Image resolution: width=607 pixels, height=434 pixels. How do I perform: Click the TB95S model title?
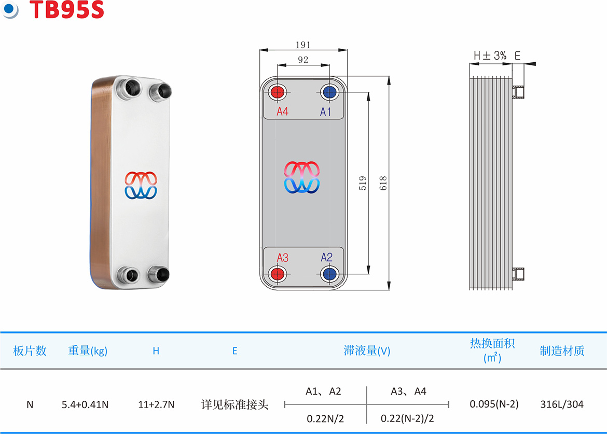(66, 10)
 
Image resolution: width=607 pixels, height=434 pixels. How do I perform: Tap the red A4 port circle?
(278, 93)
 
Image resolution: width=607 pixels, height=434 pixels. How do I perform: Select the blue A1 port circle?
(329, 93)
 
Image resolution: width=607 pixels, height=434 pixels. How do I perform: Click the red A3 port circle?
(278, 273)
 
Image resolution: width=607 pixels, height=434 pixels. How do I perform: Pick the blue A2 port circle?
(329, 273)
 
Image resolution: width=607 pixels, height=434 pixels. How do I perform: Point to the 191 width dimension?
(303, 46)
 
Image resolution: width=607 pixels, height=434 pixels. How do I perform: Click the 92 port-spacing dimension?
(303, 60)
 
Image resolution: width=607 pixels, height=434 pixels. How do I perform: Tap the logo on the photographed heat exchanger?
(141, 185)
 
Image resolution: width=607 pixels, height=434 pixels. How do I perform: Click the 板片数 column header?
(30, 351)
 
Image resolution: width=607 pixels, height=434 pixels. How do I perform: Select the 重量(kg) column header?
(88, 351)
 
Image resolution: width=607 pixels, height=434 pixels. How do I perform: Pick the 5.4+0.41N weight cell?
(85, 404)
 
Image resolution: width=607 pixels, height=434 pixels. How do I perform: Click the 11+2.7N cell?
(156, 404)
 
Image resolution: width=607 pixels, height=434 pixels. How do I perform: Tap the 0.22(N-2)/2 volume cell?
(407, 418)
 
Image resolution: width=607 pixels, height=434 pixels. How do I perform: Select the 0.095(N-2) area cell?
(494, 404)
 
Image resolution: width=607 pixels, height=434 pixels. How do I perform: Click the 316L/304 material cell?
(561, 404)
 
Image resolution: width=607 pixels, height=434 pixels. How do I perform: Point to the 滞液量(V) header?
(367, 351)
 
